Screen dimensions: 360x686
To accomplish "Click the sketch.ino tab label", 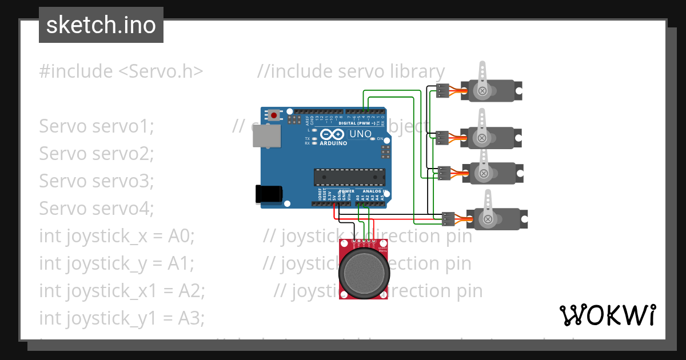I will pos(101,25).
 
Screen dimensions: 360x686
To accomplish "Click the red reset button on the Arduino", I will pos(274,115).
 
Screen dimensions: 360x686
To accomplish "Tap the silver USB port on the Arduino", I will pos(268,135).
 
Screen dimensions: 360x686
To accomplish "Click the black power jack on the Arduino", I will pos(269,194).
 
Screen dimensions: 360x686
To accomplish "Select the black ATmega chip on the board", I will pos(349,177).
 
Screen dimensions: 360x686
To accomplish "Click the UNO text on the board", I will pos(360,134).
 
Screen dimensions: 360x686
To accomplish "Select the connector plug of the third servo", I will pos(444,173).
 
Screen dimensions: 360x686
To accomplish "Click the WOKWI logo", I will pos(607,315).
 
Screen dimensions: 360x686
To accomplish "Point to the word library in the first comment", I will pos(417,71).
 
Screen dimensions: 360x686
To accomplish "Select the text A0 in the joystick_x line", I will pos(181,235).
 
